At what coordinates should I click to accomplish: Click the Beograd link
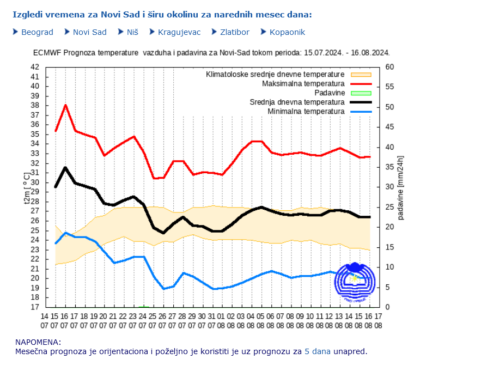(37, 32)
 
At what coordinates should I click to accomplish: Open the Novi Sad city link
(89, 32)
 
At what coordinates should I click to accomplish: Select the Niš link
(132, 32)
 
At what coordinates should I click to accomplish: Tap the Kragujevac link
(179, 32)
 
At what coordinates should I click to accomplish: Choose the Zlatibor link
(234, 32)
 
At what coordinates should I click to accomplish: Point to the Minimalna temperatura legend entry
(306, 112)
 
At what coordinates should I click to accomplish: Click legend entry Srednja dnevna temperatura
(297, 102)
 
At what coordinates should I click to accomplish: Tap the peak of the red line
(65, 105)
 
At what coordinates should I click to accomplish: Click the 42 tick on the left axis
(35, 67)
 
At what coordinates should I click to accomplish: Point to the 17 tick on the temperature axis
(35, 307)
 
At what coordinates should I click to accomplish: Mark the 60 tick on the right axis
(389, 67)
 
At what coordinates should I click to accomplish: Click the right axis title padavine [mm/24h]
(401, 187)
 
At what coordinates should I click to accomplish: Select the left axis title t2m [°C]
(27, 187)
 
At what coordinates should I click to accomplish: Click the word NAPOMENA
(38, 342)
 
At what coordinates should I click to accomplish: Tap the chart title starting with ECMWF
(211, 53)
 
